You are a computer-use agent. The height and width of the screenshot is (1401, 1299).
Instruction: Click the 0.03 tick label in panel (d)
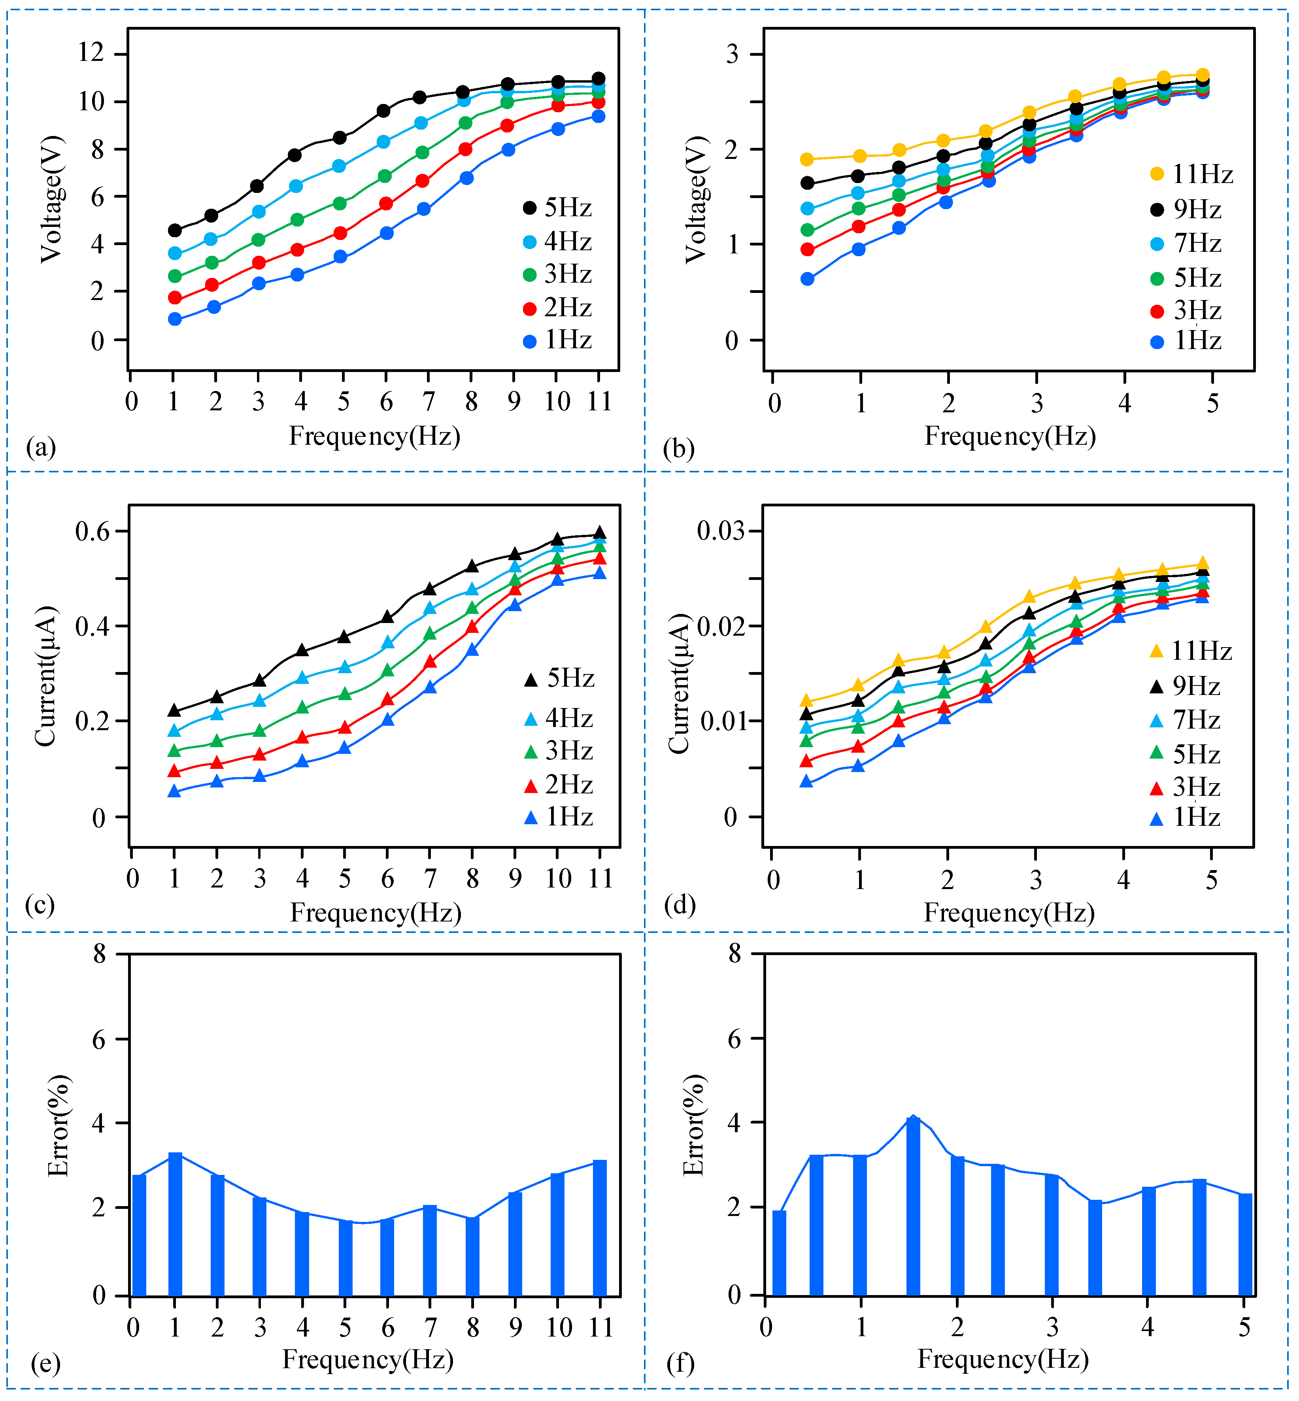[x=721, y=531]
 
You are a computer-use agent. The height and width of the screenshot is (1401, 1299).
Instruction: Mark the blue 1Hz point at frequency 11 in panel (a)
[x=598, y=116]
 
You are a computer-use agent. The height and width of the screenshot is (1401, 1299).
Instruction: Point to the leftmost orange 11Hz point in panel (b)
[x=807, y=160]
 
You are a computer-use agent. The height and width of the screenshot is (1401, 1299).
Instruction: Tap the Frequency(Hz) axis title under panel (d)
[x=1009, y=912]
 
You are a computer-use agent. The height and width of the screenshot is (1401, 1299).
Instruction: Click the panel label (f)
[x=680, y=1364]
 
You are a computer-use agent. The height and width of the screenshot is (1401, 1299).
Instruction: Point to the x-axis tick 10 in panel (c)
[x=558, y=879]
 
